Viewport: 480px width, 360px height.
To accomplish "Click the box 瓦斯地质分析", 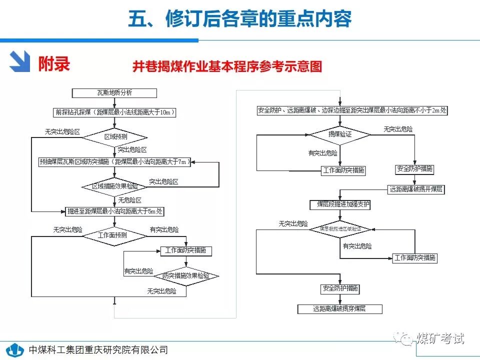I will (114, 93).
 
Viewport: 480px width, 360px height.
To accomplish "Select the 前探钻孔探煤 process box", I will (114, 112).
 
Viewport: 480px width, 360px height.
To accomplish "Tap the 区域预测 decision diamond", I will (114, 136).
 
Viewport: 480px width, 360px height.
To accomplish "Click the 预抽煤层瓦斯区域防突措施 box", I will (114, 161).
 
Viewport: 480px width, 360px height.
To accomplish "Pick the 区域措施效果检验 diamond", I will (114, 186).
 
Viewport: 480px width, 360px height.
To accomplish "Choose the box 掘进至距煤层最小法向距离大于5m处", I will (114, 211).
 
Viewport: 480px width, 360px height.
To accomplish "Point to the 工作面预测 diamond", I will (114, 235).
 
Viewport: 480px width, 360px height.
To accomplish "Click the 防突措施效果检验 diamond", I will (185, 275).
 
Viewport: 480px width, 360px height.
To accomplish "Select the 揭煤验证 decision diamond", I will (340, 134).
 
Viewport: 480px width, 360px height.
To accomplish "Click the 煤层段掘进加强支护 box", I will (340, 205).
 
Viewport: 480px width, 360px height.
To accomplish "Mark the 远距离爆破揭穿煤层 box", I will (340, 309).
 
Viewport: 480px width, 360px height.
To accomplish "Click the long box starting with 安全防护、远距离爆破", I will (352, 110).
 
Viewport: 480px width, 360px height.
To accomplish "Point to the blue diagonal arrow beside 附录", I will (20, 62).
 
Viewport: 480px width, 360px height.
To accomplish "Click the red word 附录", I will (53, 63).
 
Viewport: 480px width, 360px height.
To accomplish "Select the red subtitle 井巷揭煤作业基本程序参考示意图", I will (227, 67).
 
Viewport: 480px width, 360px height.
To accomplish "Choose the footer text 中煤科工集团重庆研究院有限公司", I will (98, 350).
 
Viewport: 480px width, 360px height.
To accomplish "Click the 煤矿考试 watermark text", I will (439, 338).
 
